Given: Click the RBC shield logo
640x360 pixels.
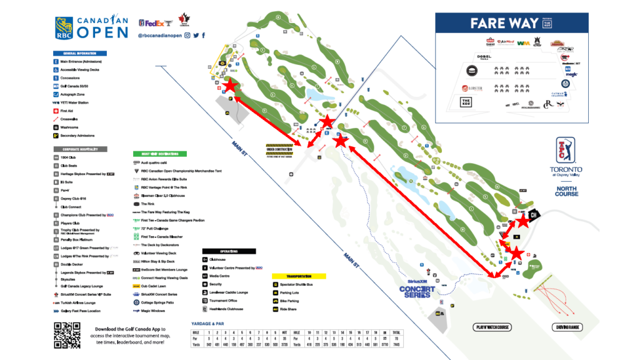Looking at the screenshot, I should [x=64, y=27].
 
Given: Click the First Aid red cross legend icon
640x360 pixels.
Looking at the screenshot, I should [x=56, y=111].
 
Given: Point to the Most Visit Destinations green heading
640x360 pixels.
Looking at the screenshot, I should [x=160, y=153].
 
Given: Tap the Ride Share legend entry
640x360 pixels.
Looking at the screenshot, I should [x=288, y=309].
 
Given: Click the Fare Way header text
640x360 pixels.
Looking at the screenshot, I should [x=504, y=24].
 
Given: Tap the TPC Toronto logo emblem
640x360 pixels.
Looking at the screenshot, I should [x=566, y=151].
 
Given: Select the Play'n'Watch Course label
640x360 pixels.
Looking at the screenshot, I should [x=492, y=327].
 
